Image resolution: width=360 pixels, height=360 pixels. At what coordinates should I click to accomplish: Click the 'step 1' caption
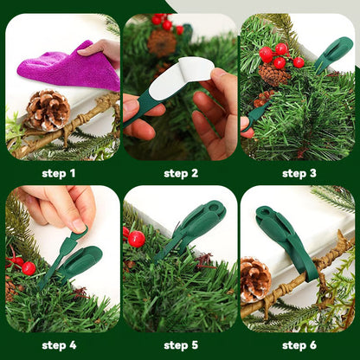60,173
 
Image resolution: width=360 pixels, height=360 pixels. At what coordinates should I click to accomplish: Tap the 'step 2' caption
181,173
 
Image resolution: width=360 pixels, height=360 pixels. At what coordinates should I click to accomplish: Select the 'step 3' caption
299,173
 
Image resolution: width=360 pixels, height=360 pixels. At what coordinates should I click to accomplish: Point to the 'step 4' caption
60,345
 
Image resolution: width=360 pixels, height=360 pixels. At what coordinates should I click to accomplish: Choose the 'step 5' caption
181,345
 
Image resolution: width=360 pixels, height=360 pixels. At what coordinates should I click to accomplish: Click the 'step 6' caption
299,345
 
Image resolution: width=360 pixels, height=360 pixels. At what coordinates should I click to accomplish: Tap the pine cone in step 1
47,109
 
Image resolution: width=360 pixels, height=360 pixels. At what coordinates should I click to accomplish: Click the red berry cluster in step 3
279,55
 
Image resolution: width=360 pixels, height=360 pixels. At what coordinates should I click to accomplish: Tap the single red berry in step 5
136,239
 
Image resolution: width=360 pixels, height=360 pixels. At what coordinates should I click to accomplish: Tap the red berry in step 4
29,268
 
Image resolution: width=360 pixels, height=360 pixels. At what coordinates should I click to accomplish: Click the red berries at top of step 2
164,22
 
